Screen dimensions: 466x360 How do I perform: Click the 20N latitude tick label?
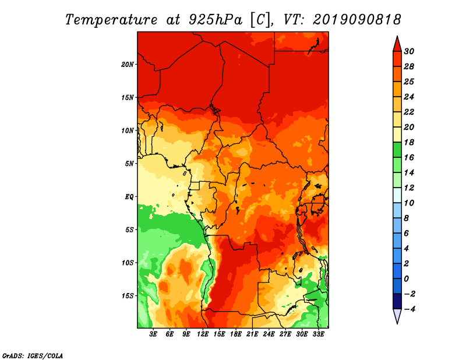point(128,65)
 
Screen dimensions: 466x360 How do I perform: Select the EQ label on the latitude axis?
point(129,197)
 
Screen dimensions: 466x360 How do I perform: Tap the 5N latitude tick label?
point(129,164)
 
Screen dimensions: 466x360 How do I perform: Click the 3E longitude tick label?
point(153,334)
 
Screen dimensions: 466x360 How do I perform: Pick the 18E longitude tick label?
point(236,334)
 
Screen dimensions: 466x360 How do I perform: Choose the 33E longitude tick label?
point(318,334)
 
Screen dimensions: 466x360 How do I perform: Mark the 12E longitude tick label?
point(203,334)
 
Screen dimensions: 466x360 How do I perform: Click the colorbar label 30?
point(409,51)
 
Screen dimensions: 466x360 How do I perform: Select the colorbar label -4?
point(409,309)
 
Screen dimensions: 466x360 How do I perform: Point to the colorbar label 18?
point(409,142)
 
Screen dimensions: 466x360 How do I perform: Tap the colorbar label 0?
point(406,279)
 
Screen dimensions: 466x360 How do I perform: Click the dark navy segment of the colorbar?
point(397,301)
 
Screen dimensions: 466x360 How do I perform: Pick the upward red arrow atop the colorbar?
point(397,45)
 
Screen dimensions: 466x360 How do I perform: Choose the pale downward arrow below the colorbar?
point(397,316)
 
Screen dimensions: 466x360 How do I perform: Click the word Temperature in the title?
point(111,20)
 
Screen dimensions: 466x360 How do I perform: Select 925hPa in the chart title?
point(216,20)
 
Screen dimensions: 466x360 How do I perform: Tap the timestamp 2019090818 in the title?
point(357,20)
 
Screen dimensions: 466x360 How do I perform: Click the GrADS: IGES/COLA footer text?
point(33,356)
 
